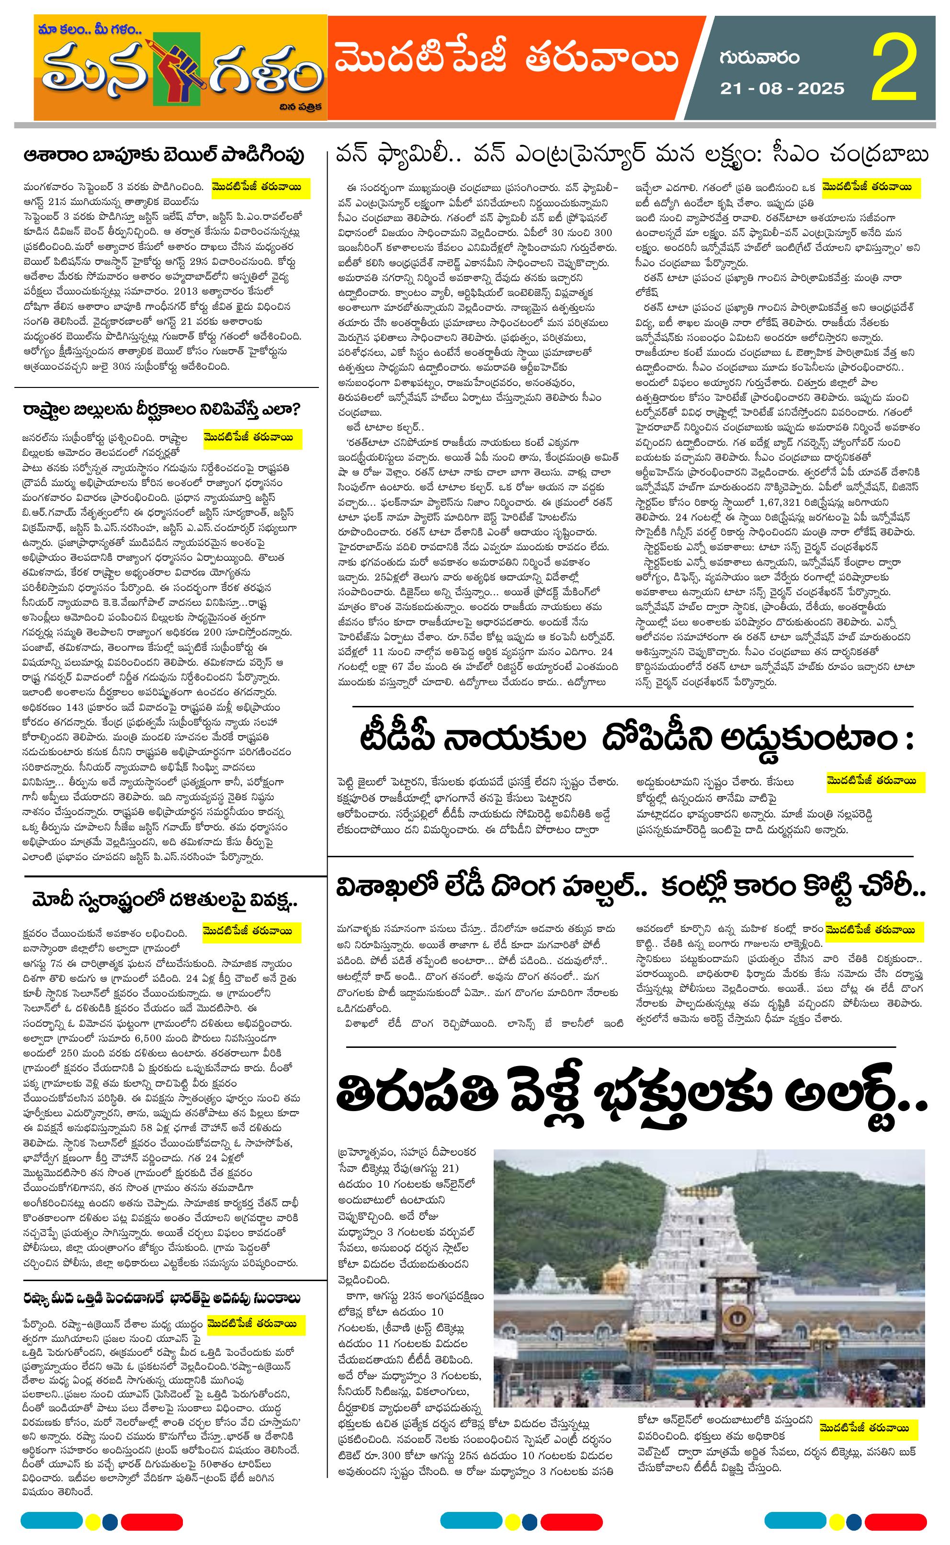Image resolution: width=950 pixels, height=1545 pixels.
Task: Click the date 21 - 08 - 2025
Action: coord(782,89)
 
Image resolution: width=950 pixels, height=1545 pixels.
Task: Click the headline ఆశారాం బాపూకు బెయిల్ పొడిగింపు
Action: coord(165,155)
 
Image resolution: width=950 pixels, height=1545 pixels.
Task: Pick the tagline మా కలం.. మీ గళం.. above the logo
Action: coord(92,29)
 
